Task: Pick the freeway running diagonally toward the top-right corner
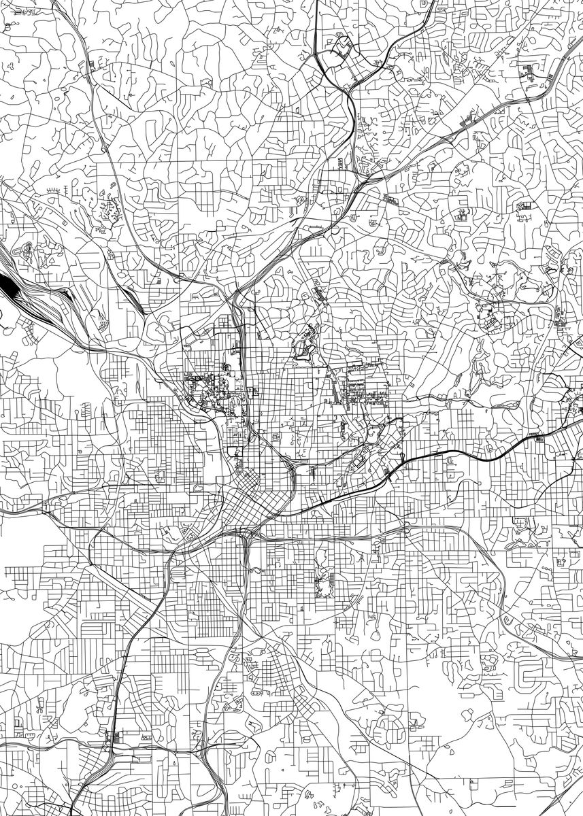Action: point(476,116)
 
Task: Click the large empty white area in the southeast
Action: point(449,768)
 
